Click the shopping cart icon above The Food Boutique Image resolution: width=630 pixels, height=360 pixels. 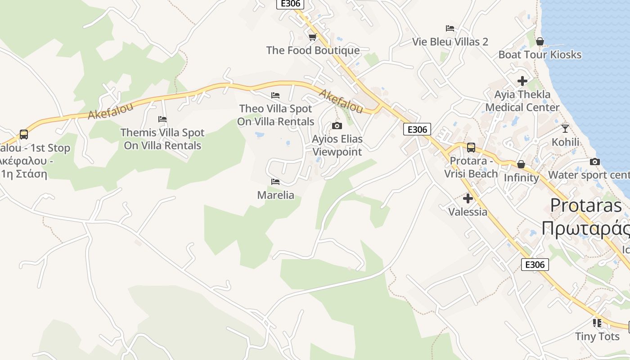tap(312, 37)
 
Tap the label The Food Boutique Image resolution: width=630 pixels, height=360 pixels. tap(313, 50)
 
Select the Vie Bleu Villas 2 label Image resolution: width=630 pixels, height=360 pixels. tap(450, 42)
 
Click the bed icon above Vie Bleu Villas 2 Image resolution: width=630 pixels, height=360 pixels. tap(450, 28)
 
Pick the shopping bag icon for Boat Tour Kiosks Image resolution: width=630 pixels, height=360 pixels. tap(540, 41)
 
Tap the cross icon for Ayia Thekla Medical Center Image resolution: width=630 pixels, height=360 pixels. tap(522, 81)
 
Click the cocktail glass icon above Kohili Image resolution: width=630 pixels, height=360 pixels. tap(565, 129)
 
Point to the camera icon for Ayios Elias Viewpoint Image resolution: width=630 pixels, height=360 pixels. tap(337, 126)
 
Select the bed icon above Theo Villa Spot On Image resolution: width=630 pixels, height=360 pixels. tap(275, 95)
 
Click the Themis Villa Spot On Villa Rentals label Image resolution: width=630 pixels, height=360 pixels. tap(162, 139)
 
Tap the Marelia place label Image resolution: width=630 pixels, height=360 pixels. tap(275, 195)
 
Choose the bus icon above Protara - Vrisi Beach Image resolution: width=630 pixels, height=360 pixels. tap(471, 148)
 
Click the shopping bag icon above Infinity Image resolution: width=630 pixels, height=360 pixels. tap(521, 164)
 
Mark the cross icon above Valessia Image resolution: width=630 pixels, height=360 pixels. tap(468, 198)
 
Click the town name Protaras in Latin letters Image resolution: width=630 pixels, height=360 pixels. tap(586, 206)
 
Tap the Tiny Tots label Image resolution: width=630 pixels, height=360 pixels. tap(597, 337)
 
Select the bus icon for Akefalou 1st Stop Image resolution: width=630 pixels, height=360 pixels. tap(24, 135)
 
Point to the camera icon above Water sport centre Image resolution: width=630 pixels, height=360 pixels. tap(595, 162)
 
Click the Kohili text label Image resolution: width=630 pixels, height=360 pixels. tap(565, 142)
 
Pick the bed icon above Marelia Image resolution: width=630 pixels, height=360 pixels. tap(275, 182)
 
